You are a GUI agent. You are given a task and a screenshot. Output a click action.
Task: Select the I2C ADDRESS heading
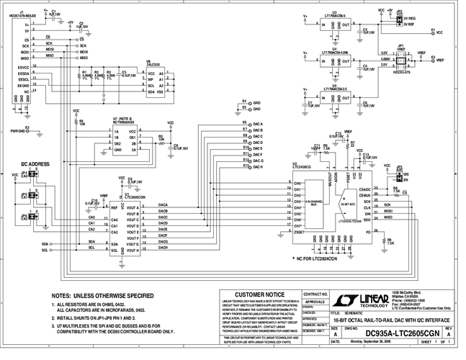click(35, 164)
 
